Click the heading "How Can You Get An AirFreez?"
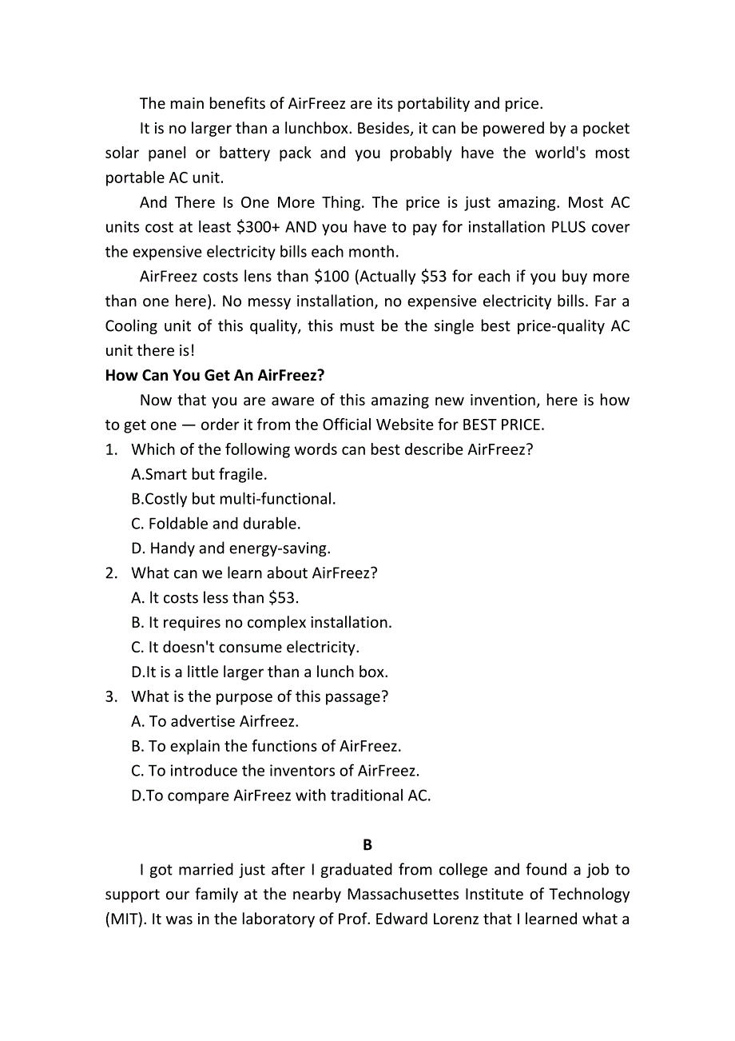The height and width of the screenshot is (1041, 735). pos(215,375)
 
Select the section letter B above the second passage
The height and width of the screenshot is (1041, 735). pos(367,844)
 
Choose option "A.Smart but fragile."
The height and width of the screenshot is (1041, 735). pos(199,474)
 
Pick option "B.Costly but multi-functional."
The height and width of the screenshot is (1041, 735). pos(233,499)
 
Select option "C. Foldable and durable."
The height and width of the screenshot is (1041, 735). pos(216,524)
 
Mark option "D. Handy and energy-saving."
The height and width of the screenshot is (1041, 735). pos(231,548)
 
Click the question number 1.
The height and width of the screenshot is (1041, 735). pos(111,449)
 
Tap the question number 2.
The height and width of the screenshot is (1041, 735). pos(111,573)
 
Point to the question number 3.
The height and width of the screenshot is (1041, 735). pos(111,697)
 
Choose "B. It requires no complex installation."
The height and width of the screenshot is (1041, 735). pos(261,623)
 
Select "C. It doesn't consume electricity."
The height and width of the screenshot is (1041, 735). pos(245,648)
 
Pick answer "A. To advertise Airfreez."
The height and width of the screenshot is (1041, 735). pos(215,722)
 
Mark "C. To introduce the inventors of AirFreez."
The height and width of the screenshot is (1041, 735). pos(275,772)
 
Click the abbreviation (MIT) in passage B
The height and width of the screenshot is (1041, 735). pos(124,919)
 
